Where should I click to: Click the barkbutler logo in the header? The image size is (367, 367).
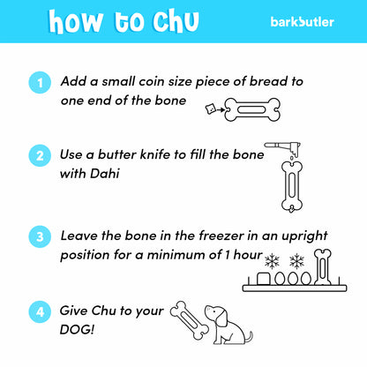[x=302, y=22]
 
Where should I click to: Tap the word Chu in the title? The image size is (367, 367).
[x=176, y=21]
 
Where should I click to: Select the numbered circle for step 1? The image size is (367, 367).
[x=40, y=82]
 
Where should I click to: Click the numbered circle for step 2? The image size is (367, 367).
[x=40, y=155]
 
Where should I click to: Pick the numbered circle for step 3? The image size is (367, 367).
[x=40, y=236]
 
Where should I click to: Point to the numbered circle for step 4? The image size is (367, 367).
[x=40, y=311]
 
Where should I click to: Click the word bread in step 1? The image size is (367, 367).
[x=268, y=81]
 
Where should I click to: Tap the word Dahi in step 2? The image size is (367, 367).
[x=105, y=173]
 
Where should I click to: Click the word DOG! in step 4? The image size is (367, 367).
[x=77, y=329]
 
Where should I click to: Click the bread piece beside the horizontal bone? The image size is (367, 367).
[x=210, y=109]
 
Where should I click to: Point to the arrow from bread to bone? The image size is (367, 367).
[x=221, y=110]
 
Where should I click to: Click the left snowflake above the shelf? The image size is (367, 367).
[x=272, y=261]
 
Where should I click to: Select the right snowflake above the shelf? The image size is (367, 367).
[x=296, y=261]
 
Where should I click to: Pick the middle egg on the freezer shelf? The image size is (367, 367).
[x=293, y=278]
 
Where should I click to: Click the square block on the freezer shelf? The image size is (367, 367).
[x=264, y=279]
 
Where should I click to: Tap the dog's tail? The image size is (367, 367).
[x=250, y=337]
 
